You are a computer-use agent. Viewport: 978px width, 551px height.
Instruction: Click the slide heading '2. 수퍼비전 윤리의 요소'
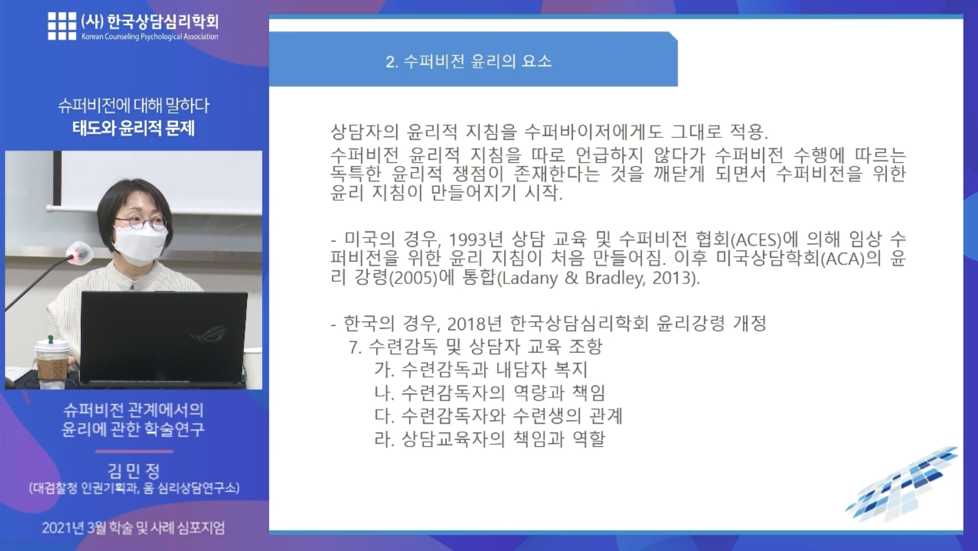[468, 61]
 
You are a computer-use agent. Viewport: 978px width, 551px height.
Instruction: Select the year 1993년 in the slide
[475, 239]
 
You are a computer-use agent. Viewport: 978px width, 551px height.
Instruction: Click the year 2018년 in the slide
[475, 323]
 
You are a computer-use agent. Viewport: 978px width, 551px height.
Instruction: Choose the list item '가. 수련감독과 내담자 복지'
[481, 370]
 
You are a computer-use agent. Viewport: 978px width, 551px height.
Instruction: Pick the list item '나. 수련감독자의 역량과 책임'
[490, 393]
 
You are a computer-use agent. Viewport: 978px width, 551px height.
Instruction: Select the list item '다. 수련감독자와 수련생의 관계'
[498, 416]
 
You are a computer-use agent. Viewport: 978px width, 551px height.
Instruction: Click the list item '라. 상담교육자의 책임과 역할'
[490, 439]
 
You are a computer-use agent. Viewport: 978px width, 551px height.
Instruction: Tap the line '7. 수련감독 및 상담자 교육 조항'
[475, 347]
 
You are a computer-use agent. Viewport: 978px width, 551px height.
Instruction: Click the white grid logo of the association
[62, 26]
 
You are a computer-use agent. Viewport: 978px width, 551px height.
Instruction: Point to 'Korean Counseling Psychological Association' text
[150, 37]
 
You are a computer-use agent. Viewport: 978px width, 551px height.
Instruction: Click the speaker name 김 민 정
[134, 471]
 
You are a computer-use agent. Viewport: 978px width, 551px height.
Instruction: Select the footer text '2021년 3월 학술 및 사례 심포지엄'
[133, 528]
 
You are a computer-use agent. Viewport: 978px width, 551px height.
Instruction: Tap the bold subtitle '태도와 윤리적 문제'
[134, 129]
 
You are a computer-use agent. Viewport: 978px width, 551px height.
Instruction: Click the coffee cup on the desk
[53, 363]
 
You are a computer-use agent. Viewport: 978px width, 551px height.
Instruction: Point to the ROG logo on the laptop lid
[209, 337]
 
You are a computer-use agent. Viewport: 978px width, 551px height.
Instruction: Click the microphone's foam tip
[80, 253]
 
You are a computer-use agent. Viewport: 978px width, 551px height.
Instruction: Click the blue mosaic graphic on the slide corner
[902, 485]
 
